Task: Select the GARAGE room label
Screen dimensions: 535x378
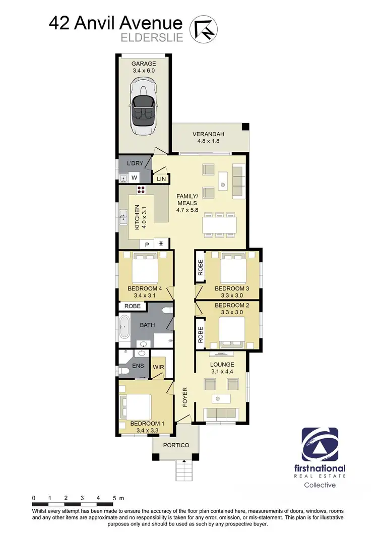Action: pyautogui.click(x=144, y=64)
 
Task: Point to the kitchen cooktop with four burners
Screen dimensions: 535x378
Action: pyautogui.click(x=142, y=190)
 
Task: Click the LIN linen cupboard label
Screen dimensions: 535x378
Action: pyautogui.click(x=161, y=179)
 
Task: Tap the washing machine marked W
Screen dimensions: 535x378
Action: pyautogui.click(x=135, y=177)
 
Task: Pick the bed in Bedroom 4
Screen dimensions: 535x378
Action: pyautogui.click(x=146, y=269)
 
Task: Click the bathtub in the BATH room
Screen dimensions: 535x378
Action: pyautogui.click(x=123, y=328)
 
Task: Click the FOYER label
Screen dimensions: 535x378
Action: pyautogui.click(x=184, y=398)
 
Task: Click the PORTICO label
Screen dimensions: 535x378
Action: pyautogui.click(x=175, y=445)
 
